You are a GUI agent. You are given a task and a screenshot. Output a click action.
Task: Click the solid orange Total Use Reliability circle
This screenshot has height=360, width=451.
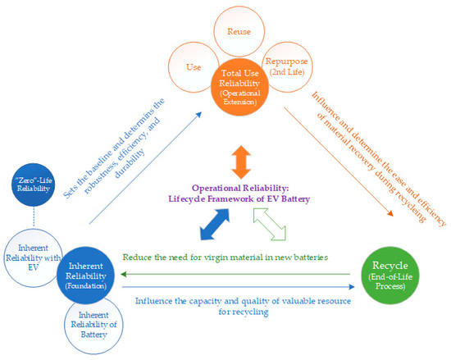(240, 87)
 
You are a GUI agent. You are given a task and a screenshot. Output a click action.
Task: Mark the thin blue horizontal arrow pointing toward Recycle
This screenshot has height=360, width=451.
(246, 288)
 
